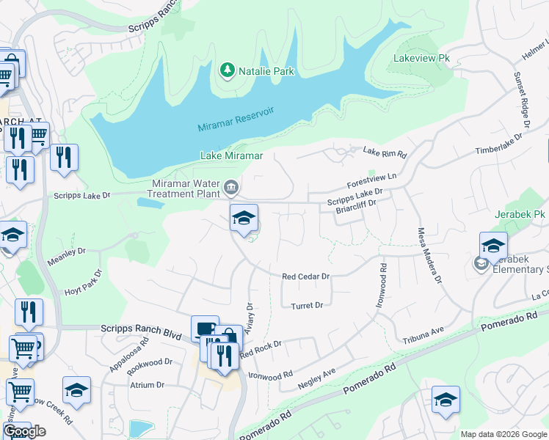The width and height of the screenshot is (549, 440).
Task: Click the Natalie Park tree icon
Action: [228, 70]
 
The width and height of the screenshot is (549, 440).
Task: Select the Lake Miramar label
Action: [231, 155]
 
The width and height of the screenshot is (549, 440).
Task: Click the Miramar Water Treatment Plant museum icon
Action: [231, 188]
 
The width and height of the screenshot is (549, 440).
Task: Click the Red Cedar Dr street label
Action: [307, 276]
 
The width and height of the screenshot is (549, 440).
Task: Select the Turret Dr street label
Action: [307, 306]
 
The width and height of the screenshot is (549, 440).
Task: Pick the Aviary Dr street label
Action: [249, 318]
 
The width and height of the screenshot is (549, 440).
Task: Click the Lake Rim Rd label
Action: [385, 152]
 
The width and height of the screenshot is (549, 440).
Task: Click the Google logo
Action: [24, 430]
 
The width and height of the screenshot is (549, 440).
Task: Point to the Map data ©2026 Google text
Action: [503, 433]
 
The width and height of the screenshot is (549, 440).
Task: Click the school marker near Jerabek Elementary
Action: [493, 246]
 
